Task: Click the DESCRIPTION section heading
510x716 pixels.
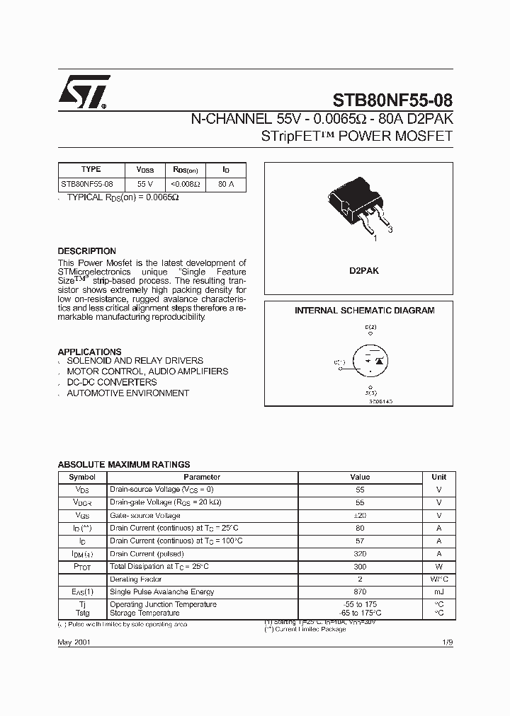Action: click(x=86, y=251)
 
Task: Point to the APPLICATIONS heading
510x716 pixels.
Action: click(x=89, y=352)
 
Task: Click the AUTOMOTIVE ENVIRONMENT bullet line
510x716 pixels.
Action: click(x=127, y=393)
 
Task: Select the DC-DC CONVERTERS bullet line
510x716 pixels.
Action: click(x=111, y=382)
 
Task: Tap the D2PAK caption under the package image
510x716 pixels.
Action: click(x=364, y=271)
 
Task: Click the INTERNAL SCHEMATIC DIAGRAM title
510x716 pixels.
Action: click(x=364, y=311)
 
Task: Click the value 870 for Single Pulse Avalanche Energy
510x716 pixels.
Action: click(x=360, y=591)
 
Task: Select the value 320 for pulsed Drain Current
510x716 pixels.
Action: click(x=360, y=554)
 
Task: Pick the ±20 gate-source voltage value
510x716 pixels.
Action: click(x=360, y=516)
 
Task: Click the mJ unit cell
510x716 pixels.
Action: click(x=438, y=591)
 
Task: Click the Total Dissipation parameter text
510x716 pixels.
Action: click(x=159, y=567)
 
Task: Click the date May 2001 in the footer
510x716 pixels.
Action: click(x=74, y=641)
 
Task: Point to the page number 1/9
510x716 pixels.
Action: click(x=446, y=641)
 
